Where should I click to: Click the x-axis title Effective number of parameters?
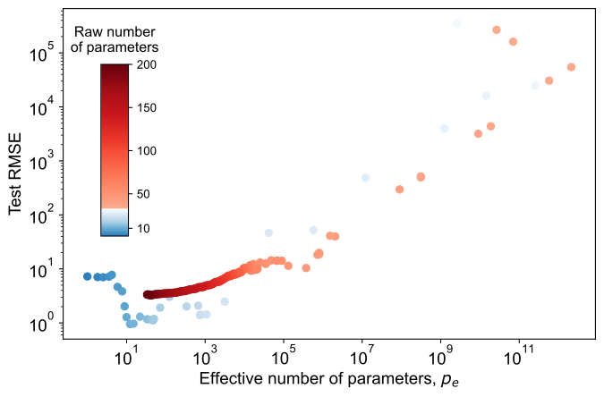coord(327,380)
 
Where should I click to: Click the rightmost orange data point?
coord(571,67)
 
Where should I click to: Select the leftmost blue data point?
coord(88,276)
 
